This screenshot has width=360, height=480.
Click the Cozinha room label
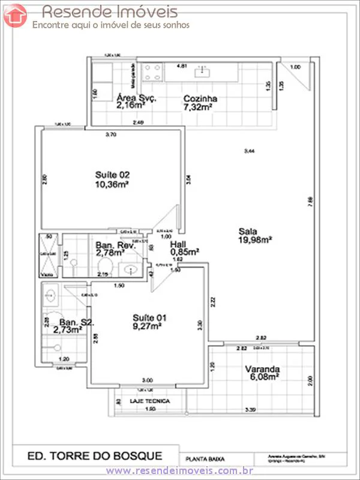(200, 99)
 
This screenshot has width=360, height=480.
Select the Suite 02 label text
(112, 175)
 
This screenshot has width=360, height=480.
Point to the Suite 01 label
(147, 317)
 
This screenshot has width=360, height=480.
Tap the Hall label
(178, 245)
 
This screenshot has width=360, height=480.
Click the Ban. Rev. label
(116, 245)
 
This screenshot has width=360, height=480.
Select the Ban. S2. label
(73, 322)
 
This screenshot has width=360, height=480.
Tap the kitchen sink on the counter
(202, 73)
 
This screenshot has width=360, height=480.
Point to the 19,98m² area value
(255, 241)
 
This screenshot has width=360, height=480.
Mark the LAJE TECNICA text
(150, 400)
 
